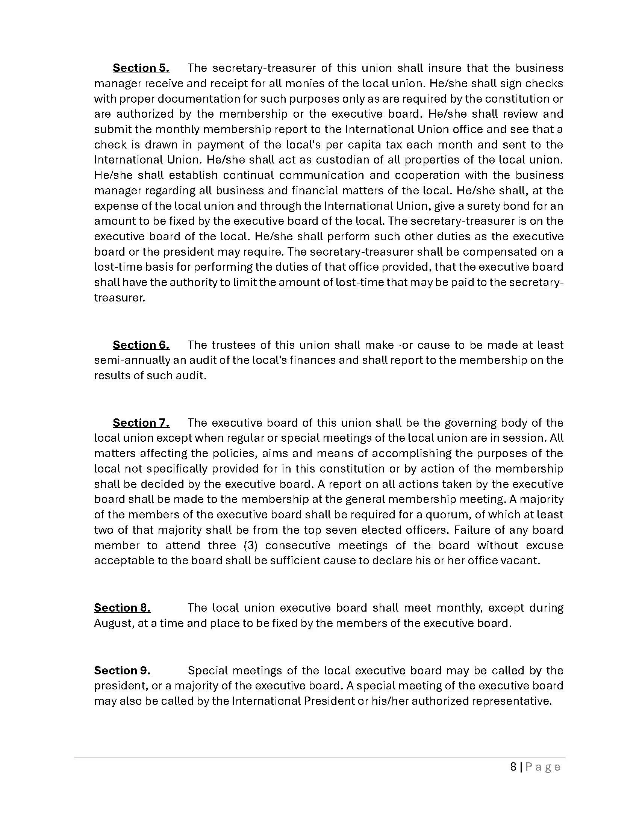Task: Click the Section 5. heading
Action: click(x=141, y=68)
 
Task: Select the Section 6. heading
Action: click(x=141, y=345)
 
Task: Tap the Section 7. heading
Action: click(x=141, y=423)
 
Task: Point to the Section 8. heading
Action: click(x=122, y=608)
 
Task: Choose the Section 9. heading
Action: click(x=122, y=671)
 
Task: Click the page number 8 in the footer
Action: click(x=513, y=767)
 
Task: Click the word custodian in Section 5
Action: click(x=341, y=160)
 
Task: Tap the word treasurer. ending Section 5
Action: click(x=119, y=298)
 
